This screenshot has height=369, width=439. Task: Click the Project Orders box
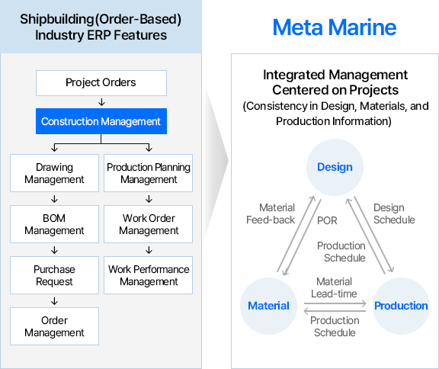(101, 83)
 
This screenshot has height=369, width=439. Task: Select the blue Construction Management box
(101, 121)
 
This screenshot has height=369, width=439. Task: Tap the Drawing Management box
(54, 173)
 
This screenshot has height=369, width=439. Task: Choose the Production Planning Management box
(148, 173)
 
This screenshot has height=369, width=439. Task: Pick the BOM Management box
(54, 224)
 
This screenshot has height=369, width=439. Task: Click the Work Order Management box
(148, 224)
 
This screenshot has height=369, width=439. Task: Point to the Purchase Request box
(54, 275)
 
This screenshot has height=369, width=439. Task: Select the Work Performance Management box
(148, 275)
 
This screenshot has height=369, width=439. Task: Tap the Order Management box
(54, 326)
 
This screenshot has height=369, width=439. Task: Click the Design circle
(335, 167)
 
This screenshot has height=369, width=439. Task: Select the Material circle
(268, 306)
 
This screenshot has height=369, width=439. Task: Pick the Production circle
(401, 306)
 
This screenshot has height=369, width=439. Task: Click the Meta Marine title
(335, 27)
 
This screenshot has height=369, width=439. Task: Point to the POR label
(327, 220)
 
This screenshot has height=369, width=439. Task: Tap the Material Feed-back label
(271, 213)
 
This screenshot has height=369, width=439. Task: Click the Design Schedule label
(394, 213)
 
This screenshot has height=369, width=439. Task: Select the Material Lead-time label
(334, 287)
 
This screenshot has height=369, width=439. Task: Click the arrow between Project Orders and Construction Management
(101, 102)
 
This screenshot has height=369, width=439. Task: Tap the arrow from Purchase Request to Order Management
(54, 301)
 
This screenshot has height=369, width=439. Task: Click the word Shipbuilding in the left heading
(57, 19)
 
